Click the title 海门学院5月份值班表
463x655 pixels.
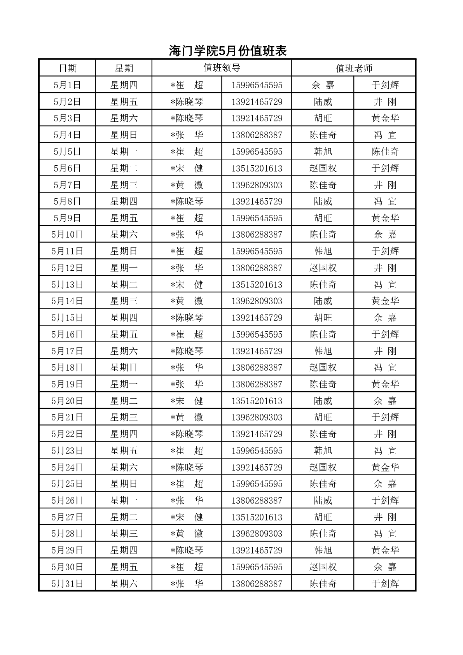[228, 51]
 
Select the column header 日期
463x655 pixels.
[68, 68]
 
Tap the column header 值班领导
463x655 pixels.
[222, 68]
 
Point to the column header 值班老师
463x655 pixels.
[354, 68]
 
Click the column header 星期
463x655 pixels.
[124, 68]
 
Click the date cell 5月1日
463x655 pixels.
[67, 85]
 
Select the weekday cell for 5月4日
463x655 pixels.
[124, 135]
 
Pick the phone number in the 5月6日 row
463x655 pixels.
[257, 168]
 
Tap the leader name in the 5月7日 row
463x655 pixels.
[187, 185]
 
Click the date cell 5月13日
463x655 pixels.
[67, 285]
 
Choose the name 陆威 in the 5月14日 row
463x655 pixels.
[323, 301]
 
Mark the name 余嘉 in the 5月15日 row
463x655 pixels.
[385, 318]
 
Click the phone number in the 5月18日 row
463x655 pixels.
[257, 368]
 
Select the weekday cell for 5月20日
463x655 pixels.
[124, 401]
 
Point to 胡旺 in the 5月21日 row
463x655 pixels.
[323, 417]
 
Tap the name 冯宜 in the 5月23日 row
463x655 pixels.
[385, 451]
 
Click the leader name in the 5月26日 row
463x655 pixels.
[187, 501]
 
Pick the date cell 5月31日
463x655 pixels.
[67, 583]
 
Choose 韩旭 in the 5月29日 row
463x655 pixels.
[323, 550]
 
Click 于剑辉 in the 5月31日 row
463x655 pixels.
[385, 583]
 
